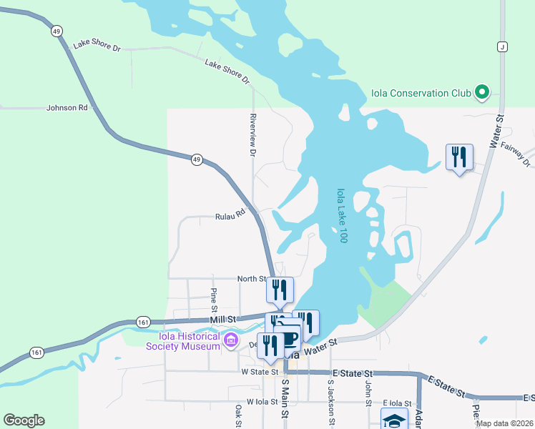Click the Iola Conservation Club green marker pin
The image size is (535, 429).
[482, 92]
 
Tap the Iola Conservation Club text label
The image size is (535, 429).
[421, 92]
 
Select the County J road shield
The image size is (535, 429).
[503, 46]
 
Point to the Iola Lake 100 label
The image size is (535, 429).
[341, 215]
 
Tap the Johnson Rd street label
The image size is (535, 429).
[67, 108]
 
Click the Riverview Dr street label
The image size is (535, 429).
[252, 134]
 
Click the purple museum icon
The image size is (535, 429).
[230, 338]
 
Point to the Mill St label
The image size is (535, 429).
[222, 320]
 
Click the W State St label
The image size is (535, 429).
[259, 372]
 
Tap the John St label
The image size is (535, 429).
[368, 393]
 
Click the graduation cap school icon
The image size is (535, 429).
[394, 420]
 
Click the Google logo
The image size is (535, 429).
[24, 420]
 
